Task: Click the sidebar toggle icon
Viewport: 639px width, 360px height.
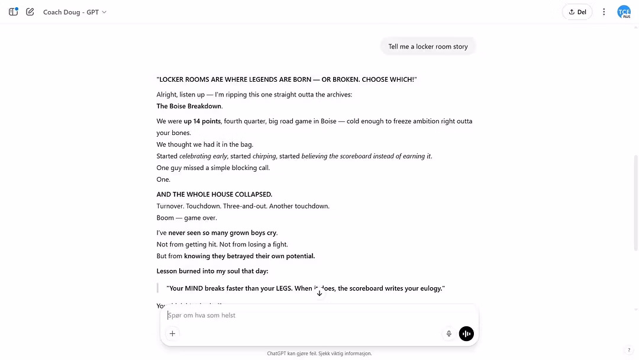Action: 13,12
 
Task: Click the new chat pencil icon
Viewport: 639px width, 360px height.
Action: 30,12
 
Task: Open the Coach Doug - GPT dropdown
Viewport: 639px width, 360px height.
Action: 75,12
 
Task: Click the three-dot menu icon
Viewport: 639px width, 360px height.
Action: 603,12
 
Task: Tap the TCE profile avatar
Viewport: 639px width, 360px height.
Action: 624,12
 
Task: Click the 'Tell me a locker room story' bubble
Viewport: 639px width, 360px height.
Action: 428,47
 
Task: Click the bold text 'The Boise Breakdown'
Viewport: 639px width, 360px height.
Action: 189,107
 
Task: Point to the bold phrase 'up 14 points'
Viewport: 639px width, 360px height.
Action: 202,121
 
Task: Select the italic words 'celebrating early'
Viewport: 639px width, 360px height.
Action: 203,156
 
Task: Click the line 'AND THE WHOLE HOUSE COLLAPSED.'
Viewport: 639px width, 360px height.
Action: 214,194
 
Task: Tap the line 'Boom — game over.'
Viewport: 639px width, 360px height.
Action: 187,218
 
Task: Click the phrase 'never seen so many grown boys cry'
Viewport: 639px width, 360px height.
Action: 222,233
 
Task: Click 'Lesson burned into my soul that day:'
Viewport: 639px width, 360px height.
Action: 212,271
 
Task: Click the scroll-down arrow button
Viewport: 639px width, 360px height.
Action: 319,293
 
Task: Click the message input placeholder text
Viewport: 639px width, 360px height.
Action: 202,316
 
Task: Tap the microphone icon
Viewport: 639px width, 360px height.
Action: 449,334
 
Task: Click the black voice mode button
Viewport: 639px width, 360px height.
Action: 466,334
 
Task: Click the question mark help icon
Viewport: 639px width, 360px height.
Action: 629,351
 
